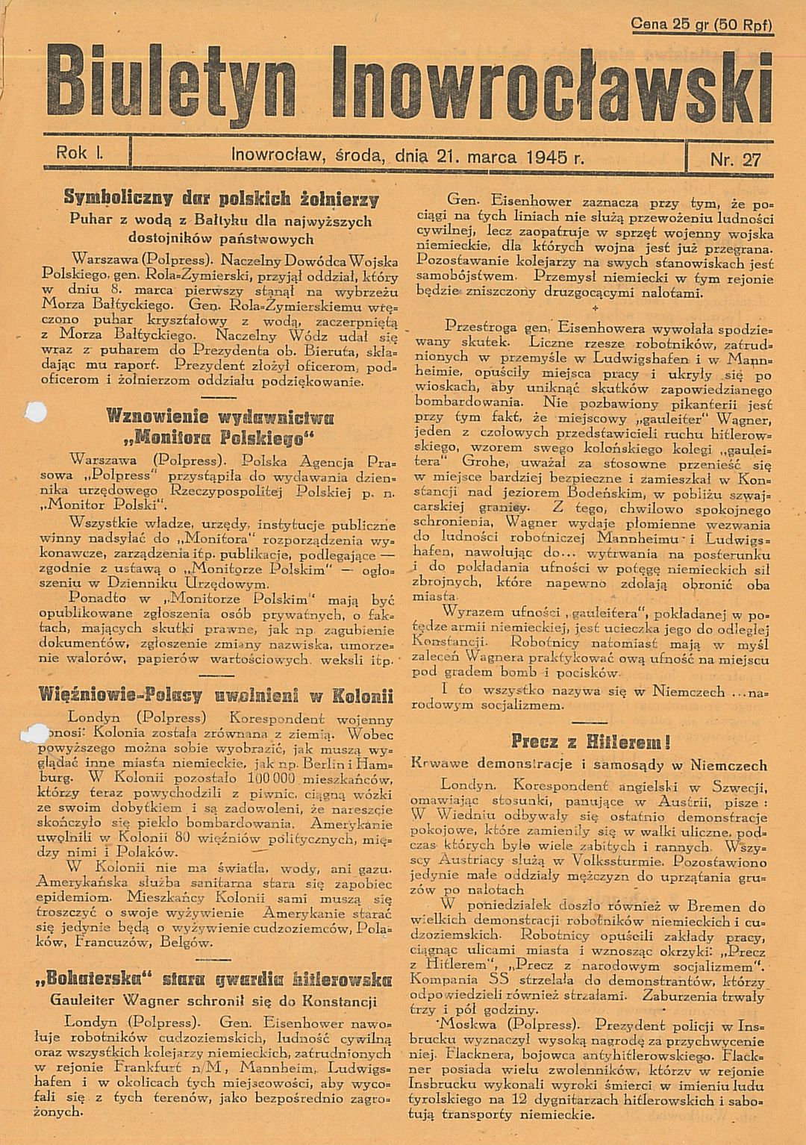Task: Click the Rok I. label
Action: point(84,153)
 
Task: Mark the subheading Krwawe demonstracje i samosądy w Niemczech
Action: point(589,765)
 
